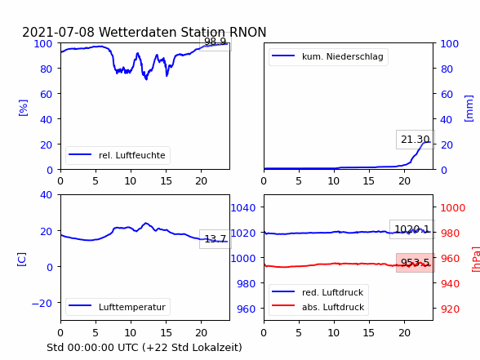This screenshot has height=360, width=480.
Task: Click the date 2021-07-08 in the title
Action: tap(58, 32)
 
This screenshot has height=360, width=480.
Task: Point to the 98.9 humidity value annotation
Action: tap(216, 42)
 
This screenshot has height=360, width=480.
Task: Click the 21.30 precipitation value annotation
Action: tap(416, 140)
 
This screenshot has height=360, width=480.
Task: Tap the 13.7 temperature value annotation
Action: tap(216, 238)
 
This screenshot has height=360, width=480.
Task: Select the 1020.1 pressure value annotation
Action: tap(412, 229)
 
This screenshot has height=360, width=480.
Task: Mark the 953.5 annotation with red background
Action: tap(416, 263)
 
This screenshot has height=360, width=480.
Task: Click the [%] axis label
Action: tap(23, 108)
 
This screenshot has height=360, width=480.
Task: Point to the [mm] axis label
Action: tap(469, 109)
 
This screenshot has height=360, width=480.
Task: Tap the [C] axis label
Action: tap(22, 260)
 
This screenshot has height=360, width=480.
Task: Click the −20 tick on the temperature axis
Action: tap(42, 304)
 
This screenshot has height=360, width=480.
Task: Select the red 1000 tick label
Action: tap(453, 208)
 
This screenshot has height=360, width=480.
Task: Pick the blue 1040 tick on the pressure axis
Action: tap(243, 208)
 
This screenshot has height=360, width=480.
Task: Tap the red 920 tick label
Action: tap(450, 309)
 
